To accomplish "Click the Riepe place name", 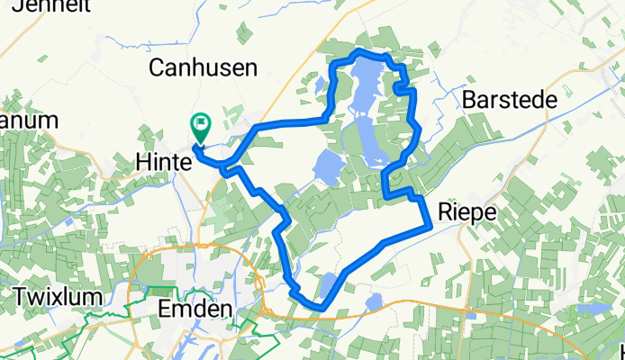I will coord(466,211).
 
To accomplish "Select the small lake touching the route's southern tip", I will coord(330,286).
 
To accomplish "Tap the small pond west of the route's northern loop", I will coord(319,87).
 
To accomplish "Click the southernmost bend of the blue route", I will coord(320,309).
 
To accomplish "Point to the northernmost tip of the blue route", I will coord(360,51).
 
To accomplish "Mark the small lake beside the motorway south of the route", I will coord(374,301).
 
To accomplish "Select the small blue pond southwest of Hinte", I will coord(68,221).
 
